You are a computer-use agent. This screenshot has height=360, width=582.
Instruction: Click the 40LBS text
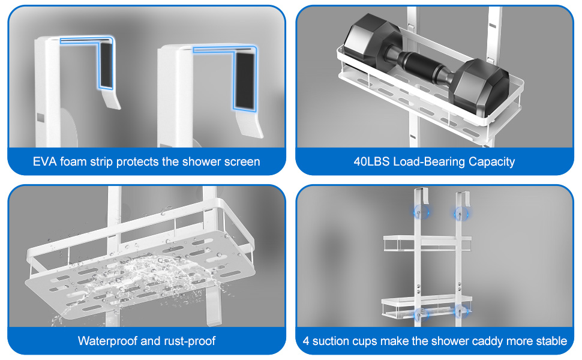(371, 161)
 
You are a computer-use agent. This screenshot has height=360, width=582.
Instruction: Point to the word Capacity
(491, 162)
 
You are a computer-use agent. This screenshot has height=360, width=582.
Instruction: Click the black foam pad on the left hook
(106, 65)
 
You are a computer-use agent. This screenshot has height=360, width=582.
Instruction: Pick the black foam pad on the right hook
(245, 80)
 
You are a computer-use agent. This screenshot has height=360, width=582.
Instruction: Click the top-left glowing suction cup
(422, 213)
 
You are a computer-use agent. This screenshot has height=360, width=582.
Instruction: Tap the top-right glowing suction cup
(461, 214)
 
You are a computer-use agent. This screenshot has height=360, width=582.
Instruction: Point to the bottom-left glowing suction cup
(421, 314)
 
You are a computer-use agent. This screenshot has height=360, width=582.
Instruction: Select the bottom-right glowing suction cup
(460, 312)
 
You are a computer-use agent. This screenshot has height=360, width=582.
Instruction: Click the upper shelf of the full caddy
(427, 243)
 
